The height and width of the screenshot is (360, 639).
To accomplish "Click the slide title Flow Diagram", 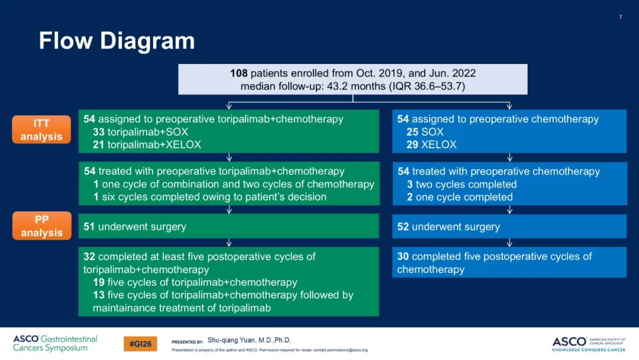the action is pos(117,41).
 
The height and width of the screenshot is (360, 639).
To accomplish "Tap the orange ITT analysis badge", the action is pos(41,130).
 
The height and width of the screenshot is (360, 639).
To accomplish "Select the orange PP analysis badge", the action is pos(41,226).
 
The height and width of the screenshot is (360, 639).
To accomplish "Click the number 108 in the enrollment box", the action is pos(239,73).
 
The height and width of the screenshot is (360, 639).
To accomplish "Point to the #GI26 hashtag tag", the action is pos(140,343).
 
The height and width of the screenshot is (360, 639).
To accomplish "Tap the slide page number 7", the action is pos(620,17).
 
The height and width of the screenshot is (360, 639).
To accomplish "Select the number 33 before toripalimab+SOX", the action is pos(99,131).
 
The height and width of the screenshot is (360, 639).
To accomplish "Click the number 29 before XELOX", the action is pos(412,144).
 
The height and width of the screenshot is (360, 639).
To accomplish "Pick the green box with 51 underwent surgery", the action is pos(228,226).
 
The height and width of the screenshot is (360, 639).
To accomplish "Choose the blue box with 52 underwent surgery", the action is pos(509,226).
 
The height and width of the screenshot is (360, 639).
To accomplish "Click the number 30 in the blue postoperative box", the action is pos(403,256).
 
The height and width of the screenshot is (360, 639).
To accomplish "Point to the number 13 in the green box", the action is pos(99,295).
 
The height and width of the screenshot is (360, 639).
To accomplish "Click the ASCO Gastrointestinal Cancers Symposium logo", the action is pos(55,343).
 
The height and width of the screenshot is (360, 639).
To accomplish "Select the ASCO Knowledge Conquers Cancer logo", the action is pos(589,344).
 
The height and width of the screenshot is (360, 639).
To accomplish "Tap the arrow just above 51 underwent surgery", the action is pos(229,210).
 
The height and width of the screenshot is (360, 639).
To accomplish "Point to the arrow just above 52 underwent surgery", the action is pos(509,210).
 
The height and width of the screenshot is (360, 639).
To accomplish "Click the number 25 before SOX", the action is pos(412,131).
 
